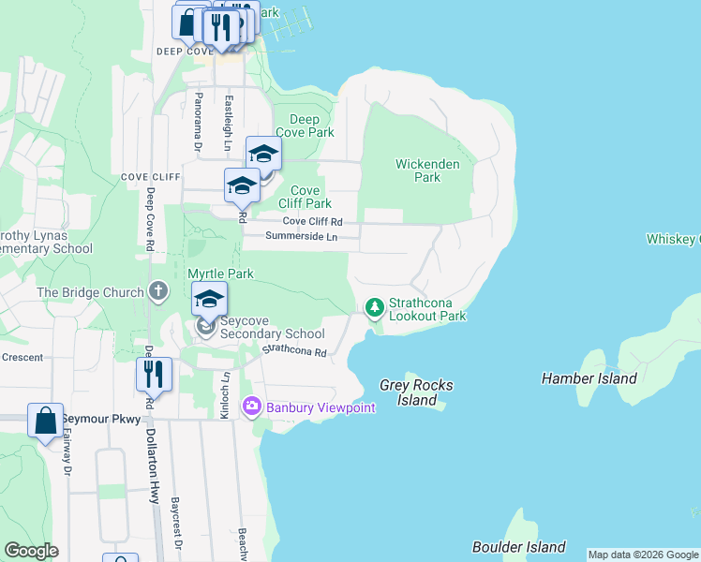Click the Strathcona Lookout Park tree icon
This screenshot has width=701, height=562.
pos(375,307)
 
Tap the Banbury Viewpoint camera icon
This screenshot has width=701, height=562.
pos(251,407)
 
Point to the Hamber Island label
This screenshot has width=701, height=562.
pos(589,378)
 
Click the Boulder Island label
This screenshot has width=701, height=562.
pos(518,547)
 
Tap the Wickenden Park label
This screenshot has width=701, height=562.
pos(427,170)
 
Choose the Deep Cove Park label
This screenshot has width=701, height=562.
pos(305,126)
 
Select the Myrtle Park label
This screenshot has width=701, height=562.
pos(220,274)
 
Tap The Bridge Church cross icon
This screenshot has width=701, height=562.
pos(158,292)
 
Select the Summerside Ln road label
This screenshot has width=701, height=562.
pos(300,237)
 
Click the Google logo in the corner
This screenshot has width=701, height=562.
pos(31,551)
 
